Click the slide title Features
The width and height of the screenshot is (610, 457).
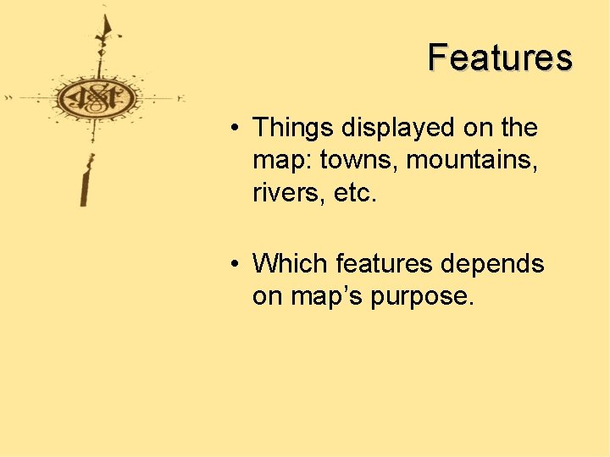[x=500, y=58]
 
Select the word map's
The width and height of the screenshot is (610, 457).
[x=329, y=297]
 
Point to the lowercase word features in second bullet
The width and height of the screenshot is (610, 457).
[x=385, y=264]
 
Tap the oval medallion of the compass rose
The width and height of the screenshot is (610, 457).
[x=96, y=98]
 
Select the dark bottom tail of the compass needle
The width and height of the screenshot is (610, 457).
[x=86, y=186]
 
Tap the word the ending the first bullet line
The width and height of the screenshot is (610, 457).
[x=518, y=128]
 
